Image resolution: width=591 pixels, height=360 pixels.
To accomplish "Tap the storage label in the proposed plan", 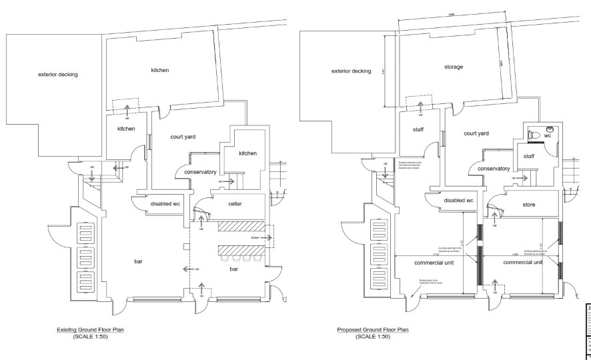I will click(454, 67).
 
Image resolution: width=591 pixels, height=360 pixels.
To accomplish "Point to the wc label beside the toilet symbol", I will click(548, 135).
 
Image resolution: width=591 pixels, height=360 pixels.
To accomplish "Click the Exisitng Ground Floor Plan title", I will click(89, 329).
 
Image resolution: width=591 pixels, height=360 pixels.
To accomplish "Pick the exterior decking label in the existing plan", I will click(58, 74).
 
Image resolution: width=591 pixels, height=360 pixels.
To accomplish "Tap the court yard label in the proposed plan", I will click(476, 133).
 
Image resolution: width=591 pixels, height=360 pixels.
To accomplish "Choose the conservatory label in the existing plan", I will click(196, 172).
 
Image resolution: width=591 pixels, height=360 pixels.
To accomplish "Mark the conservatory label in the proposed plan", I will click(494, 169).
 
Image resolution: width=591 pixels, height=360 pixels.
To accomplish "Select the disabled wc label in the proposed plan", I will click(457, 200).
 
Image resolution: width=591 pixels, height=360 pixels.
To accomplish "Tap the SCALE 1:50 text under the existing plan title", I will click(89, 335).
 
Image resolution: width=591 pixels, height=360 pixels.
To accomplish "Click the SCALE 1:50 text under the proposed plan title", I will click(372, 335).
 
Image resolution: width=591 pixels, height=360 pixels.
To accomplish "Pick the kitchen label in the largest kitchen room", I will click(159, 70).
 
